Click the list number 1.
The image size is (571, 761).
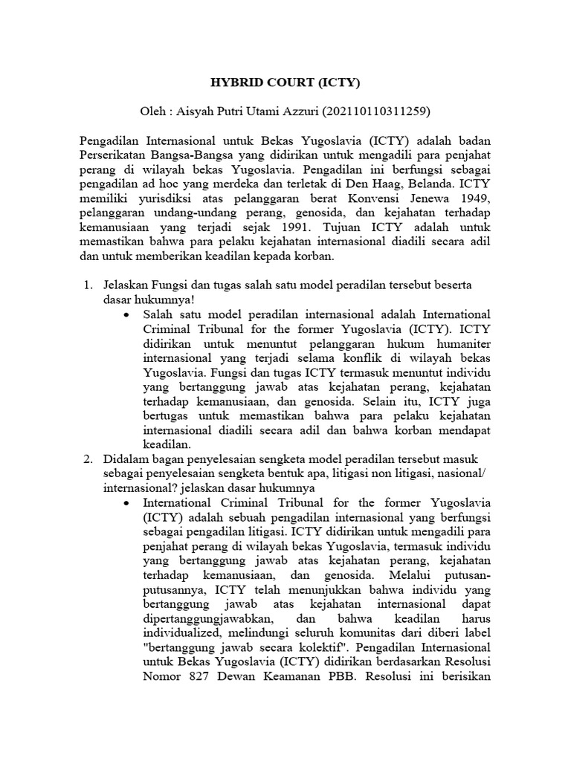click(x=86, y=285)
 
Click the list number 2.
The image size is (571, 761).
click(x=86, y=459)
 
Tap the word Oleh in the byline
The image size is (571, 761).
click(x=153, y=111)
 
